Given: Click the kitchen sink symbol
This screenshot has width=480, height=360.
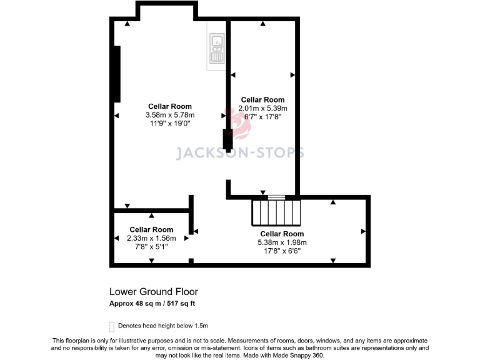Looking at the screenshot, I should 217,49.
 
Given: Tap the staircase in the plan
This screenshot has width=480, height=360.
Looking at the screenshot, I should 276,212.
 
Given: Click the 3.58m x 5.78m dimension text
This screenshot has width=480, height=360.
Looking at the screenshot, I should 170,115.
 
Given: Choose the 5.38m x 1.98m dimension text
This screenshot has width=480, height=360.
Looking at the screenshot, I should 282,242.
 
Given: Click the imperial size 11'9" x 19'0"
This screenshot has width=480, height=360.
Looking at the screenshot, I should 170,124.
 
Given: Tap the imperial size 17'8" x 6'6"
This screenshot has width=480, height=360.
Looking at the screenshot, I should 282,251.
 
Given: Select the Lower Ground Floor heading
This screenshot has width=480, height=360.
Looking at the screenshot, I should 154,292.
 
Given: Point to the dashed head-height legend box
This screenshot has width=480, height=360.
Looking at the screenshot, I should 112,326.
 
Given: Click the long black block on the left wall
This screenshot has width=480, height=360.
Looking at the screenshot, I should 116,74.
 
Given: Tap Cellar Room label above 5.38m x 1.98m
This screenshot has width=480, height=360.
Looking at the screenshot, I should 282,234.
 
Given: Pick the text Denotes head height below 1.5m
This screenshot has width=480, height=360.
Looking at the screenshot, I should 163,326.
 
